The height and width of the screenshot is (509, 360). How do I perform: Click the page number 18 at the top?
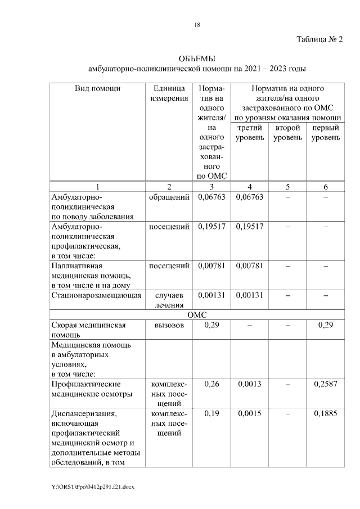197,25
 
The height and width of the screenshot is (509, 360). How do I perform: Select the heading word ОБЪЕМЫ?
197,58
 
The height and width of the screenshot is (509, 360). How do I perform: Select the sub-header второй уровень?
287,133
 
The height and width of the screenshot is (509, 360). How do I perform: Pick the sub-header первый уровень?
325,133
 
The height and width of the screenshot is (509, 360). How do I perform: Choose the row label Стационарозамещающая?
96,294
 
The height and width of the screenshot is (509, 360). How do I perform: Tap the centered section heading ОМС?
197,315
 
